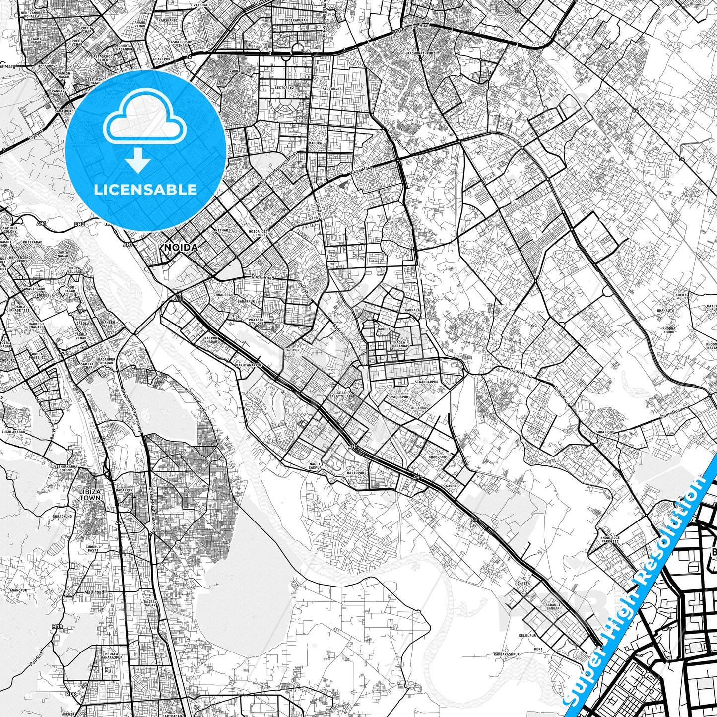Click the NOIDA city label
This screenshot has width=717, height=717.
point(181,247)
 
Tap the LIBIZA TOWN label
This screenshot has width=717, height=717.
point(90,494)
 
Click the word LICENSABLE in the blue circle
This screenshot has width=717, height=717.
point(145,189)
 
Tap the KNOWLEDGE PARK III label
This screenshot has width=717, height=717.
point(609,540)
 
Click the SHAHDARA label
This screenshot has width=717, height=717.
point(437,457)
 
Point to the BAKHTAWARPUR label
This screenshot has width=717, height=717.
point(249,365)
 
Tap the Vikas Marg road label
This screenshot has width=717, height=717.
point(361,171)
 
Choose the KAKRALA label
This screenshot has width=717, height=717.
point(398,310)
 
